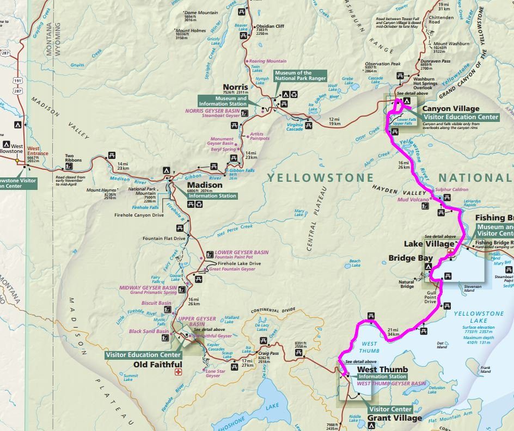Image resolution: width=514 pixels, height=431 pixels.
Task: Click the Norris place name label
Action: pos(235,87)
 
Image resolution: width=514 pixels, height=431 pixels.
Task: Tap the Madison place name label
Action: pos(205,185)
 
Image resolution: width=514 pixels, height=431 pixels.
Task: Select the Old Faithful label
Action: pos(155,364)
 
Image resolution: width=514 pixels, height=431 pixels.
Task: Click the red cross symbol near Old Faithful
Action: pos(178,372)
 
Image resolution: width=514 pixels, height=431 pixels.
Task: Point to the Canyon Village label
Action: pos(451,109)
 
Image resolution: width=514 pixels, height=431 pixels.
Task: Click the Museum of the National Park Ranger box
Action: pos(300,76)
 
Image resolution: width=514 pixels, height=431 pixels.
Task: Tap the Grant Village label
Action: pos(395,418)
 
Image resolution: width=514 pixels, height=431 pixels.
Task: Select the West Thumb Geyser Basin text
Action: pos(391,384)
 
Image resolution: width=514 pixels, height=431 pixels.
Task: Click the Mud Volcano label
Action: pos(414,199)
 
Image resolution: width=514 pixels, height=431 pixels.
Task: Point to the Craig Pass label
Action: pos(268,353)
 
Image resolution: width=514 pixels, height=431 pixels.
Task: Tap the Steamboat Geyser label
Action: pos(222,115)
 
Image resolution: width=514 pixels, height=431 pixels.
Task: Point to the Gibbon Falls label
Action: pos(242,170)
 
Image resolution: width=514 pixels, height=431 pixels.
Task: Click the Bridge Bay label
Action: pos(406,257)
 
